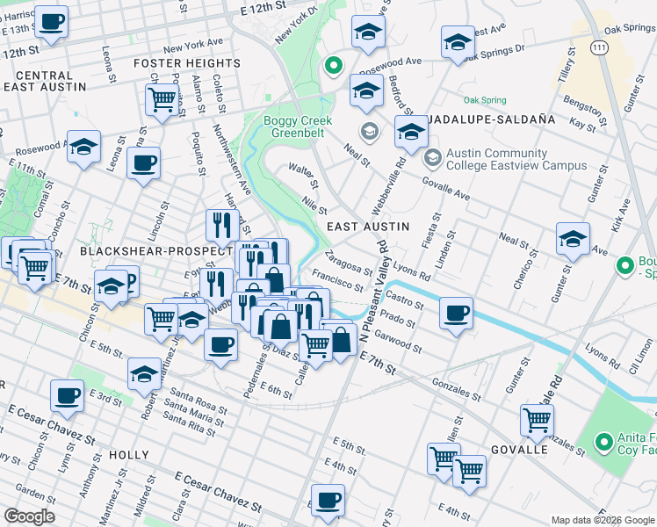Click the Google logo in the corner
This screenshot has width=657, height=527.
click(x=29, y=516)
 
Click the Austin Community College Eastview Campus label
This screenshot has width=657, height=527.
click(x=516, y=159)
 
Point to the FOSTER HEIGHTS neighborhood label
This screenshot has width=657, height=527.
click(x=186, y=64)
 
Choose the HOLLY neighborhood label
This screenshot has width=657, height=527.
click(x=129, y=454)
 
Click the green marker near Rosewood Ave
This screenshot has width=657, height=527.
click(x=333, y=64)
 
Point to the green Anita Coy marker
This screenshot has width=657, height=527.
click(x=603, y=442)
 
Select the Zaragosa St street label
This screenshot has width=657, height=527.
click(x=349, y=263)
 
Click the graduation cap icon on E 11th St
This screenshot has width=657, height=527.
click(x=84, y=147)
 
